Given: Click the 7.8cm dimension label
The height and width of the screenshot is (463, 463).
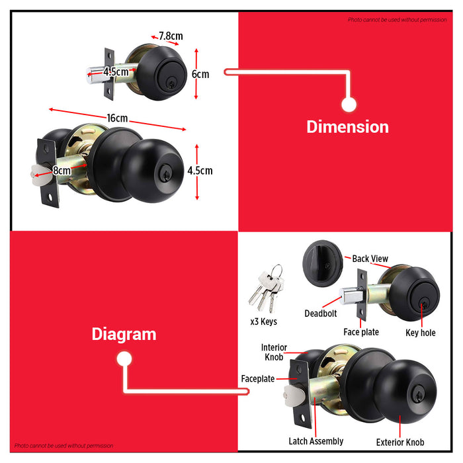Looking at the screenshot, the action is pos(171,36).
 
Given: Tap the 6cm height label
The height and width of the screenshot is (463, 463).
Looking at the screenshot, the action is pos(200,74).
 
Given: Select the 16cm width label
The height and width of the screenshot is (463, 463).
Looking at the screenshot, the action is pos(117,118).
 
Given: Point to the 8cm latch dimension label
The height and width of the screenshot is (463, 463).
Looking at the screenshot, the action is pos(62,171).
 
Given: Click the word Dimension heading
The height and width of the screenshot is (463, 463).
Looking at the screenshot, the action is pos(347,127).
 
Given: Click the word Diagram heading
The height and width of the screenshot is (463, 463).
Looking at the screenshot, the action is pos(124,335).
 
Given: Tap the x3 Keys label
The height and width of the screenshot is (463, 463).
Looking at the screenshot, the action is pos(264,321).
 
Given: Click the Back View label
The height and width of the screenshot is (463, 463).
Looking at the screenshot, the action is pos(370,259).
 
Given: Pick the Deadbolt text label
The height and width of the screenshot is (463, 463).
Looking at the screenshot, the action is pos(321,314).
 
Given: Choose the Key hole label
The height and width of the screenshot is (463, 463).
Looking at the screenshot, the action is pos(421,333).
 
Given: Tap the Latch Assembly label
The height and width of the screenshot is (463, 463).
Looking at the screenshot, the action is pos(316,441).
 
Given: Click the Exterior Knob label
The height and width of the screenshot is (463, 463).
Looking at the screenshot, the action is pos(400,442).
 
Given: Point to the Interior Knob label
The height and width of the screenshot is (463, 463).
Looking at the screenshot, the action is pos(274,353).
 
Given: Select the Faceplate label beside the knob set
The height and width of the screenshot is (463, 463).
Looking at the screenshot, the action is pos(258,378).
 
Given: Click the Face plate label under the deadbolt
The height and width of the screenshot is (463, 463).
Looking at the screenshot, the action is pos(361,332).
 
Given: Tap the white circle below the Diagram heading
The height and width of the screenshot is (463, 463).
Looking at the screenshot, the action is pos(124,359).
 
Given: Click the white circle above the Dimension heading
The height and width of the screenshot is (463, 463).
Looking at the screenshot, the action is pos(349,105).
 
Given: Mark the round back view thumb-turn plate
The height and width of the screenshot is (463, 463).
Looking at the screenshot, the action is pos(323,263).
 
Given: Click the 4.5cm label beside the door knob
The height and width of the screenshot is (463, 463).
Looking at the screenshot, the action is pos(200,171).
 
